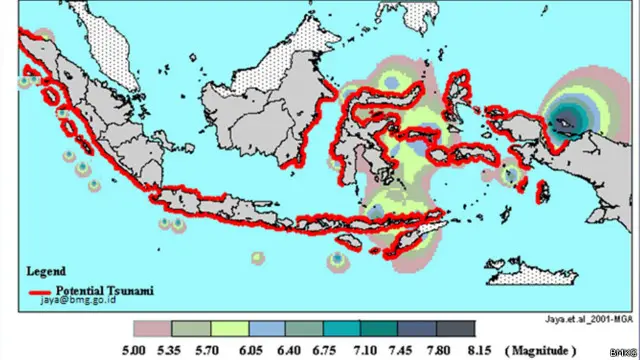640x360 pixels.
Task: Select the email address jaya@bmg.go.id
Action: [76, 298]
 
